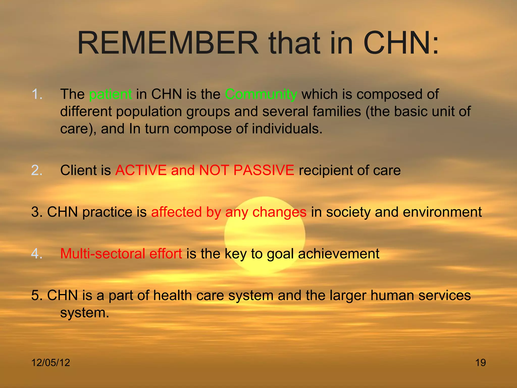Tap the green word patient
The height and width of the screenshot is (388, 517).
pyautogui.click(x=110, y=94)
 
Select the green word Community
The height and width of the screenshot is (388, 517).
pyautogui.click(x=261, y=94)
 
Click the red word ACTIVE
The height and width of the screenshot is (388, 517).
pyautogui.click(x=141, y=170)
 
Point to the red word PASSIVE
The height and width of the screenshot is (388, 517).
pyautogui.click(x=264, y=170)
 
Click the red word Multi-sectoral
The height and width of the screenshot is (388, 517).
pyautogui.click(x=102, y=254)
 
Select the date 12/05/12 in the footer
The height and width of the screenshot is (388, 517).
pyautogui.click(x=50, y=363)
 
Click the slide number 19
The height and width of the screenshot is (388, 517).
pyautogui.click(x=480, y=363)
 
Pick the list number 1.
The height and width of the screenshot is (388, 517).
pyautogui.click(x=37, y=94)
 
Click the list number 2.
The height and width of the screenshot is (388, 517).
pyautogui.click(x=37, y=170)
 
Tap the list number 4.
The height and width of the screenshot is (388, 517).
pyautogui.click(x=37, y=254)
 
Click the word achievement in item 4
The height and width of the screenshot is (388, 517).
pyautogui.click(x=339, y=254)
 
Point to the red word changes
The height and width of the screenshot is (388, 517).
pyautogui.click(x=279, y=212)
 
